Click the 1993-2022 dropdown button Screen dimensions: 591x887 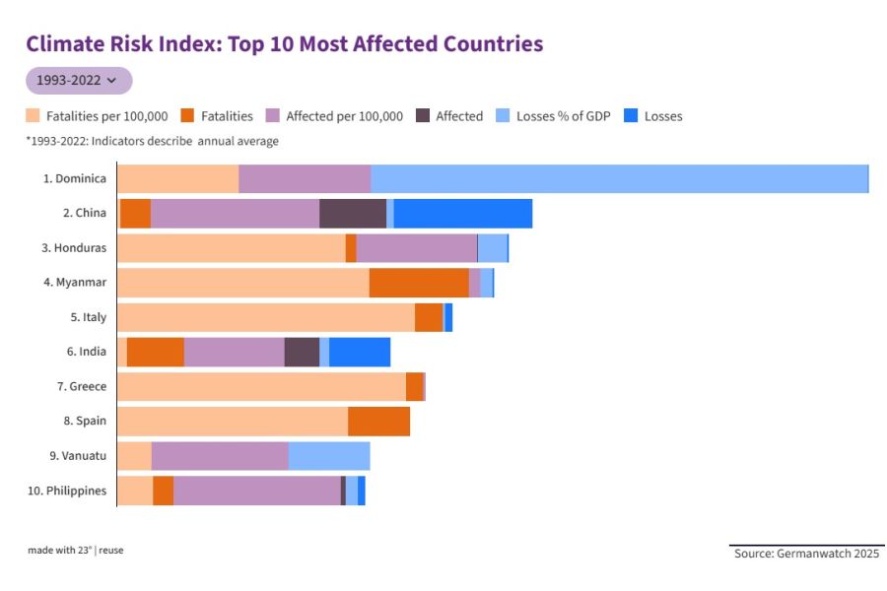(78, 81)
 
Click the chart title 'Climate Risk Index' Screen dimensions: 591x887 (284, 44)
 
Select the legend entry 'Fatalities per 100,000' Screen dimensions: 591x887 (97, 116)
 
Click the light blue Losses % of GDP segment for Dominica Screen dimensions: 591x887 (619, 179)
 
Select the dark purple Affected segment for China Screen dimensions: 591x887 (353, 214)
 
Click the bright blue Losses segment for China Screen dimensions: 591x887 (463, 214)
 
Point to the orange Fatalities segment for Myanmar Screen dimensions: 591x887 (419, 283)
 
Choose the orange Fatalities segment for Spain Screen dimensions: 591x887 (378, 421)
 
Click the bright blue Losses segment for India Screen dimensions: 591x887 (360, 352)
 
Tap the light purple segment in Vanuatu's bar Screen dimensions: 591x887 (220, 456)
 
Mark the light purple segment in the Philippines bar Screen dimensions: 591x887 (256, 491)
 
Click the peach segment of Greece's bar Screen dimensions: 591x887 (261, 386)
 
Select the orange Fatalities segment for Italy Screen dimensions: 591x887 (429, 317)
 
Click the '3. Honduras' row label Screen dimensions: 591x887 (74, 248)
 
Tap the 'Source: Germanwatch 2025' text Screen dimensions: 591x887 (806, 554)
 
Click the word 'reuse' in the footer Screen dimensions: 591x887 (111, 551)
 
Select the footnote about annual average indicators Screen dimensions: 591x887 (152, 141)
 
